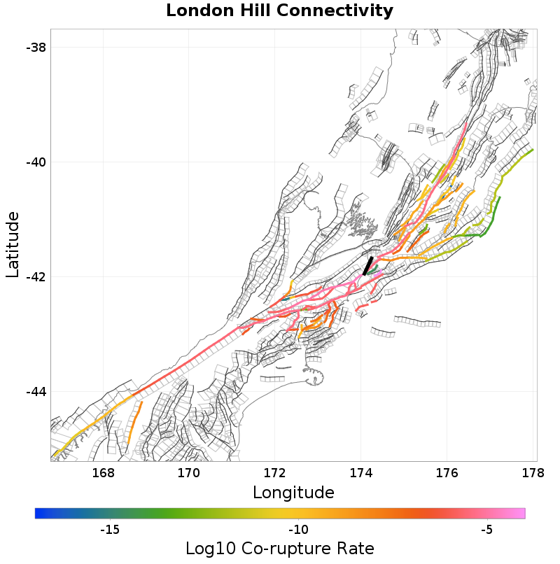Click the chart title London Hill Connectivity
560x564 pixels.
279,11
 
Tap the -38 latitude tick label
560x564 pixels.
35,48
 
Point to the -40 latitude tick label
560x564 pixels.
35,162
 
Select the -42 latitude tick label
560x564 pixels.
35,276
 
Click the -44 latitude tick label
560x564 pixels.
35,391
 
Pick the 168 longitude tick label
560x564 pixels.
103,473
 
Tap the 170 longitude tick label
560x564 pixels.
189,473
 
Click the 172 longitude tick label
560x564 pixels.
275,473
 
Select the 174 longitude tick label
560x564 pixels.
361,473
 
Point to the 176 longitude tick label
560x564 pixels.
447,473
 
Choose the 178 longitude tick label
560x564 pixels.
533,473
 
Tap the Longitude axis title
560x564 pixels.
293,493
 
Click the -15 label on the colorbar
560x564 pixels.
110,530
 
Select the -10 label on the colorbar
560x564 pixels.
299,530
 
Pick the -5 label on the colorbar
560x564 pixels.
488,530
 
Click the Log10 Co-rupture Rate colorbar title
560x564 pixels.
279,548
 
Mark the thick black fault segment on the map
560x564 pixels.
367,266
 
